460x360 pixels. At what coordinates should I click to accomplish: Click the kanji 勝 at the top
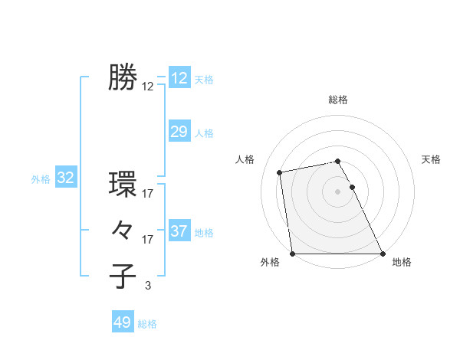click(123, 77)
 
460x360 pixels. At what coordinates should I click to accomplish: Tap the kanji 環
click(123, 184)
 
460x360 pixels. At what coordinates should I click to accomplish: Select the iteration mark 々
click(123, 229)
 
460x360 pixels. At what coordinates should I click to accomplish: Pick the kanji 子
click(123, 276)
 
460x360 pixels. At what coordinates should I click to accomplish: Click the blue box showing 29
click(179, 132)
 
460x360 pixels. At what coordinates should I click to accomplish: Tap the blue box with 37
click(179, 231)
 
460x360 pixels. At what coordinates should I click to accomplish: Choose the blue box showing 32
click(66, 178)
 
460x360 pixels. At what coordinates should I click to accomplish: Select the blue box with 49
click(123, 322)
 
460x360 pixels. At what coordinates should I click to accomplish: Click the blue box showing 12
click(179, 78)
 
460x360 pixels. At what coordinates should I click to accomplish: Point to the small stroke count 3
click(148, 286)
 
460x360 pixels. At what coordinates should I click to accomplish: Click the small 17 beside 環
click(148, 194)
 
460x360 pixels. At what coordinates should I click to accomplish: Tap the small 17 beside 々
click(148, 240)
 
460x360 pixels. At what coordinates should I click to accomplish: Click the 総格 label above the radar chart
click(338, 100)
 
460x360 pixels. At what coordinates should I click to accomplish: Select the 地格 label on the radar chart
click(402, 262)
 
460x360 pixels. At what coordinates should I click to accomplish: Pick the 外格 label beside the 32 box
click(41, 179)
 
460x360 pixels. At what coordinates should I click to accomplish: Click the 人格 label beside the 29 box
click(204, 133)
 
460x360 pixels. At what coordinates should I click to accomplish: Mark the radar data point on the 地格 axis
click(383, 254)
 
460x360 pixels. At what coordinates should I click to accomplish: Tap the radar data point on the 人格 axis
click(281, 172)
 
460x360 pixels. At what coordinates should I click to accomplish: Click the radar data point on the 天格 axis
click(353, 187)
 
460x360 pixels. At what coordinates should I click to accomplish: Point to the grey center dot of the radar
click(338, 191)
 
